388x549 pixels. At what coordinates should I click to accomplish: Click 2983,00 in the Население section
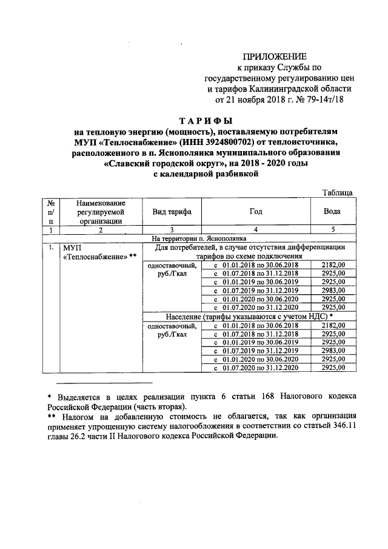(333, 351)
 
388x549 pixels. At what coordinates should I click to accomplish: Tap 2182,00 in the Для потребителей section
(333, 265)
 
